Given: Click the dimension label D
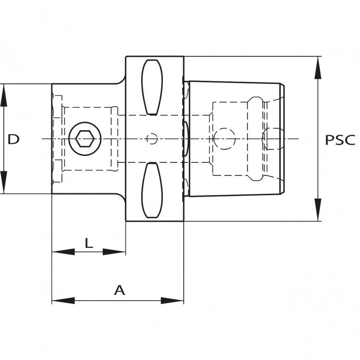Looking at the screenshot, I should coord(13,139).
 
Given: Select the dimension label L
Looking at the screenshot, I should coord(89,243).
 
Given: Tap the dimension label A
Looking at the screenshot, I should coord(119,290).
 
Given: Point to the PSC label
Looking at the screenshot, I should coord(340,140).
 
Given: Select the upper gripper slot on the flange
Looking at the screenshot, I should coord(152,87).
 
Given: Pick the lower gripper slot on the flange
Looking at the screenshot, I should coord(152,191).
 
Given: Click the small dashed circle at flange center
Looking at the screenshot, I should coord(152,139).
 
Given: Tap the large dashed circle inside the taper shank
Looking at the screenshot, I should coord(225,139).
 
